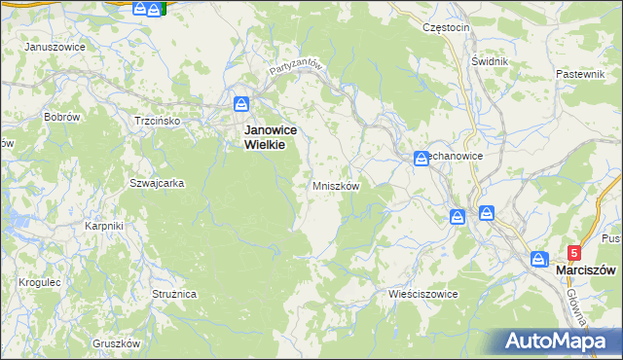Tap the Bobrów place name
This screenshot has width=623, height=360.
click(x=61, y=116)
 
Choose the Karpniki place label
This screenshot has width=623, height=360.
click(x=103, y=226)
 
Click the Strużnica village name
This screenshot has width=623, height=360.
click(x=174, y=292)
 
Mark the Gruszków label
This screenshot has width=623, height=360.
click(x=117, y=343)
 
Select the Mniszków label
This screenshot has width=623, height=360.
click(x=337, y=186)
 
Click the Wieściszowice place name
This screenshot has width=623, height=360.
click(x=422, y=293)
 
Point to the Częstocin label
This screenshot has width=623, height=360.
click(x=447, y=27)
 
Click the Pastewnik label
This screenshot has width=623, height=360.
click(x=580, y=74)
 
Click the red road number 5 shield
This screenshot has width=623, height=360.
click(x=573, y=252)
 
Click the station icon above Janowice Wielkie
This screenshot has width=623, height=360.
click(x=241, y=103)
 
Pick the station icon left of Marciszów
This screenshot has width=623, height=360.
click(x=539, y=259)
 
